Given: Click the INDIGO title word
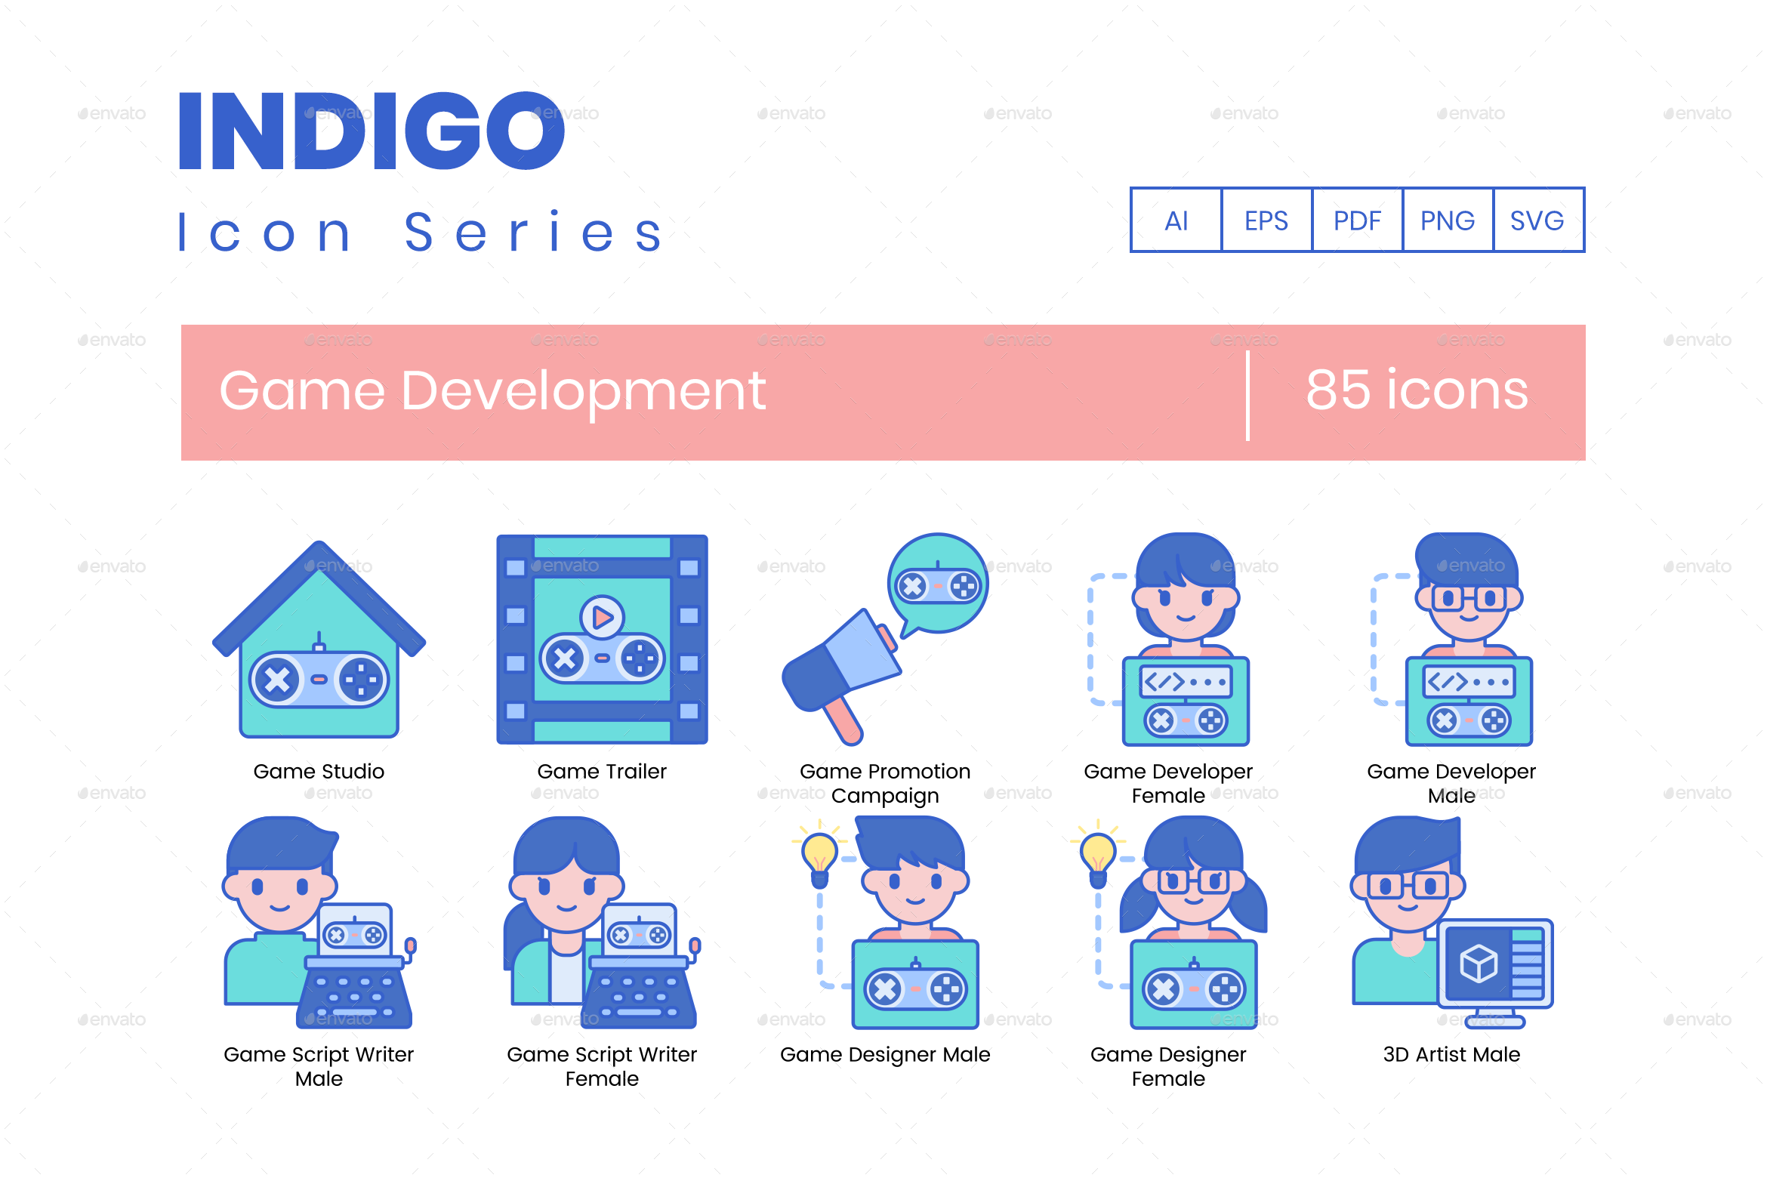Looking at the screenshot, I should (371, 131).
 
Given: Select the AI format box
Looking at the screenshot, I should (1176, 220).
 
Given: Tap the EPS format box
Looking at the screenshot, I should (1266, 220).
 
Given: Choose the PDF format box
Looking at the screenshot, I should (1357, 220).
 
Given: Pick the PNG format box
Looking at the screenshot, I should (1448, 220).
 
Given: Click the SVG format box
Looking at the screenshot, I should (1537, 220).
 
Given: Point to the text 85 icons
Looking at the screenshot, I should (1417, 391).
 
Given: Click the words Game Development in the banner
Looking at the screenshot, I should (492, 391).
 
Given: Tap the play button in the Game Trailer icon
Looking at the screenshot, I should (602, 617).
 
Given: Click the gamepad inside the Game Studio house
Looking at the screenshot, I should (319, 679).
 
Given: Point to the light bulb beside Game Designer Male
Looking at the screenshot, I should (819, 856).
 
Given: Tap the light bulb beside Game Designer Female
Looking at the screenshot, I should (1098, 856).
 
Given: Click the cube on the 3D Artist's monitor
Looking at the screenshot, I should (1478, 964).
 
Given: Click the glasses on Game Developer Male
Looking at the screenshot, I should (1469, 599).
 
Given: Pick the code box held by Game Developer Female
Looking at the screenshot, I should (1185, 682).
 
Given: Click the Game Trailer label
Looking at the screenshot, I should (602, 771).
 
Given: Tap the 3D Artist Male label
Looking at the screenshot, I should (1451, 1054).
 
